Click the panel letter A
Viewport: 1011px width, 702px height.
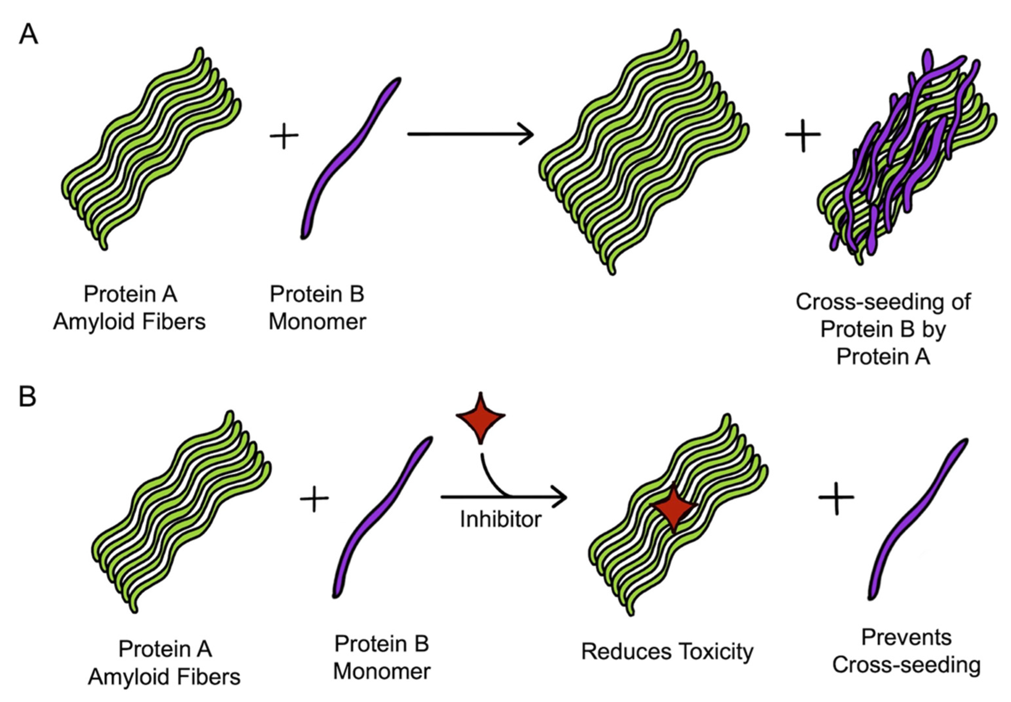[x=28, y=34]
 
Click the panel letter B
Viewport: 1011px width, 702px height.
[x=27, y=397]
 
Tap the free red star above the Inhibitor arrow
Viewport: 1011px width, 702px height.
[x=481, y=416]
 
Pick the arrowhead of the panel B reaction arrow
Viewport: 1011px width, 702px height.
[x=561, y=497]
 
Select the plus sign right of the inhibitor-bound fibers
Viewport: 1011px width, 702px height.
[x=836, y=497]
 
